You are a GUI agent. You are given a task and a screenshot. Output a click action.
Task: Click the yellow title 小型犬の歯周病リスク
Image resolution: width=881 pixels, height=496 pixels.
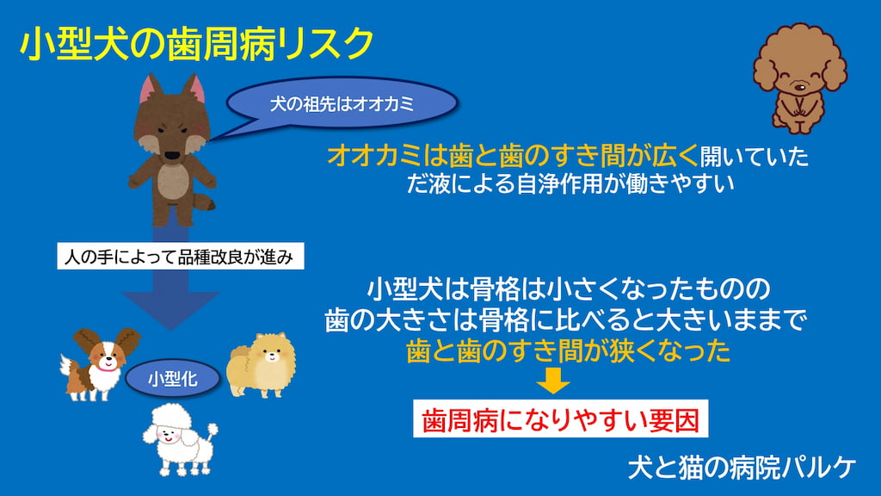197,44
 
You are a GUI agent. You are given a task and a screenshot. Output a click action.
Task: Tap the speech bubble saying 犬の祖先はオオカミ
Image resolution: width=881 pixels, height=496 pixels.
342,103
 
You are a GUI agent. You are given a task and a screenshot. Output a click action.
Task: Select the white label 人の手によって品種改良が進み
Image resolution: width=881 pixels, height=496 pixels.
181,257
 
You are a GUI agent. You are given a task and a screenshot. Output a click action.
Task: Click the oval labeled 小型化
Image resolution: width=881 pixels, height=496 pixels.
173,379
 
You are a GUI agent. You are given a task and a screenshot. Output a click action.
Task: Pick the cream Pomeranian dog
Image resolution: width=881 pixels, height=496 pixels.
261,364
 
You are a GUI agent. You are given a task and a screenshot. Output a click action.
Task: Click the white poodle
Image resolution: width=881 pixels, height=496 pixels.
180,439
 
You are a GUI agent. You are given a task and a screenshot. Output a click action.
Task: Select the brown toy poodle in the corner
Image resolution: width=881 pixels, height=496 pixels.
799,77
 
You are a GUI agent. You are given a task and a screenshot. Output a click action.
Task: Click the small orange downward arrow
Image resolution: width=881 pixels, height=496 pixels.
553,381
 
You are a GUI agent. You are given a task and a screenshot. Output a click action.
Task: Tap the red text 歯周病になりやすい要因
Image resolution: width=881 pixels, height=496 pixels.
560,419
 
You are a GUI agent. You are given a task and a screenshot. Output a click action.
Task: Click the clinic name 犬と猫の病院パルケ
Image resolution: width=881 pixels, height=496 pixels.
742,468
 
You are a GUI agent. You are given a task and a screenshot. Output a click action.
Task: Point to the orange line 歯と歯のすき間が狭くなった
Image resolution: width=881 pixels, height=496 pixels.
568,350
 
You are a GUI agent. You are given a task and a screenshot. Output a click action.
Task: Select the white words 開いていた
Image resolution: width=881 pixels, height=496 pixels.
754,157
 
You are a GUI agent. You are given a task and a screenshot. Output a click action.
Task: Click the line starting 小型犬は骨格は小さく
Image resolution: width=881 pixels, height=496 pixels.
568,288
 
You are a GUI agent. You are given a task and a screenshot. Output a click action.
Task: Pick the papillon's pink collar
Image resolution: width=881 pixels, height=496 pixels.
107,369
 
